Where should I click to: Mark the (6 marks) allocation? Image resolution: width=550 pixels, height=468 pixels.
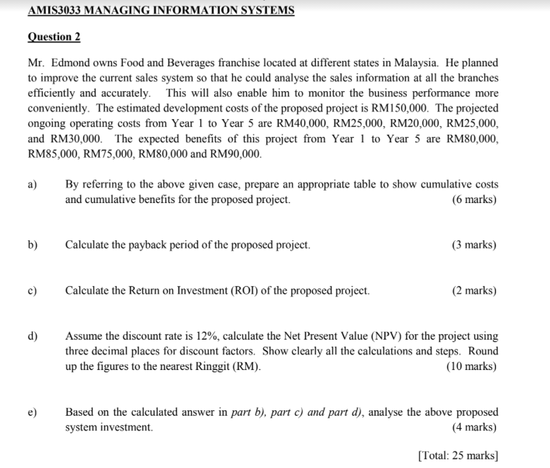475,200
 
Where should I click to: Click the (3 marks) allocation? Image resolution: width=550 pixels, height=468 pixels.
475,245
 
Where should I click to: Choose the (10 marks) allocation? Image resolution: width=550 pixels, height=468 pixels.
472,366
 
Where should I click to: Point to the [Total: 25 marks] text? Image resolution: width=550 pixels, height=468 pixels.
458,455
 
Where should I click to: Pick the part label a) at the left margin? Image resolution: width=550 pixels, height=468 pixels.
32,185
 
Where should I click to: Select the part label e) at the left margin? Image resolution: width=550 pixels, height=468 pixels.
32,412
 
